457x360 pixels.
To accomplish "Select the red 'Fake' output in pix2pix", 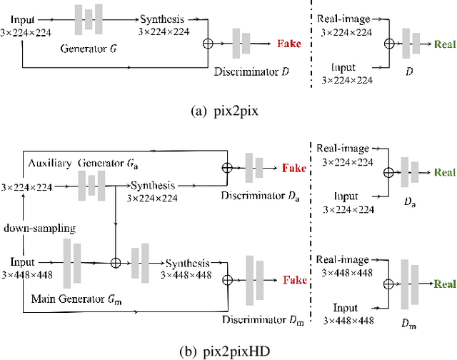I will (288, 44).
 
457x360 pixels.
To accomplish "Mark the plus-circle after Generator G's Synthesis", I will (209, 44).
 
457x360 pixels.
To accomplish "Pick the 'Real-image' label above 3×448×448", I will (343, 261).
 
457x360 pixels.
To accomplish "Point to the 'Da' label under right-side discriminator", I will (409, 204).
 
